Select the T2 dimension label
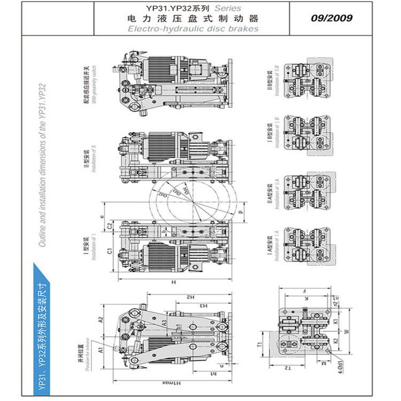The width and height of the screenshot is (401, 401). tap(287, 368)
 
